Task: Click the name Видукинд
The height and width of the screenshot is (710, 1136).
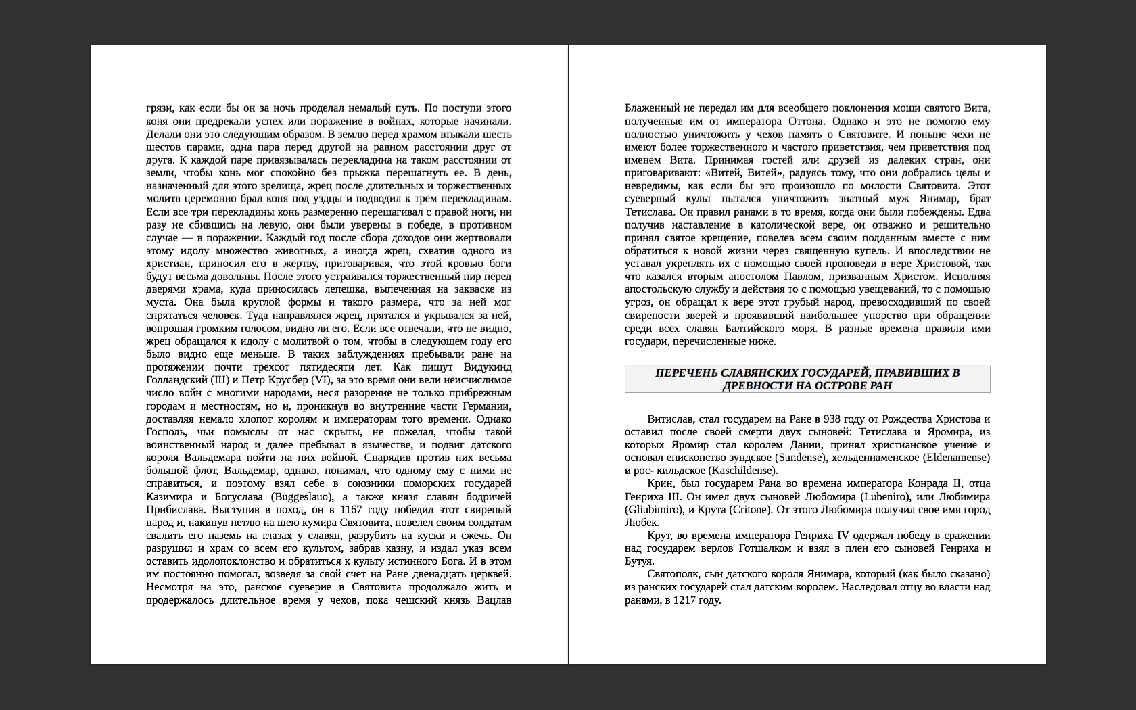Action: [488, 367]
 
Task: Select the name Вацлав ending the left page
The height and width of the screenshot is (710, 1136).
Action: [494, 600]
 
